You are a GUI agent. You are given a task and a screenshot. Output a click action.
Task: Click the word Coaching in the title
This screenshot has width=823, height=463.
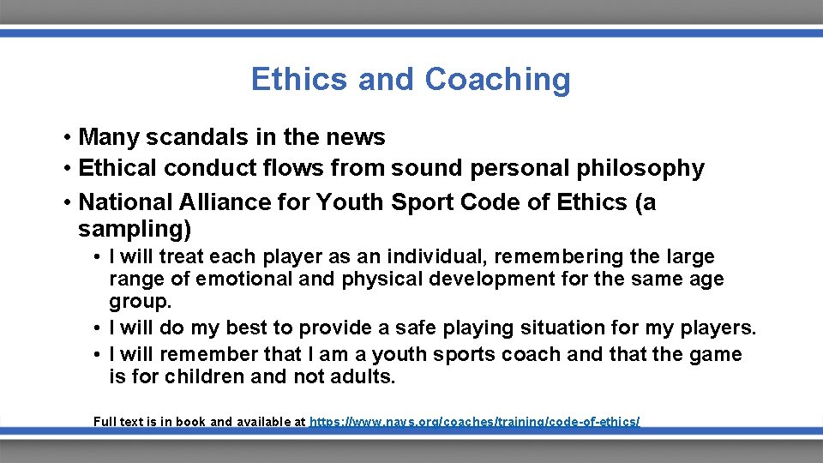[497, 79]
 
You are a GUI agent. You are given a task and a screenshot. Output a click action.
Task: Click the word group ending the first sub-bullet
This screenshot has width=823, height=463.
[138, 301]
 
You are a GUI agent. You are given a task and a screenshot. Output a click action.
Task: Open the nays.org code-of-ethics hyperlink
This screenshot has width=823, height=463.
[474, 422]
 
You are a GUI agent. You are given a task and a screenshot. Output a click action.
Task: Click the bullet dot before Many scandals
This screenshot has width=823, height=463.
[66, 138]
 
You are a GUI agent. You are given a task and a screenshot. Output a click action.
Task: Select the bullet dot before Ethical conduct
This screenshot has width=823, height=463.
[66, 169]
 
